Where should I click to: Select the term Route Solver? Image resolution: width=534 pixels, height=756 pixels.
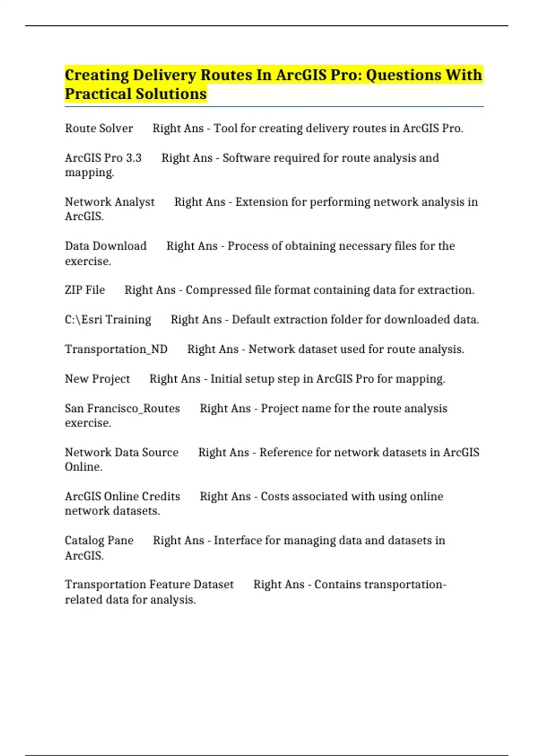99,129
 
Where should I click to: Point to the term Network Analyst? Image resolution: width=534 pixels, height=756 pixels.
109,202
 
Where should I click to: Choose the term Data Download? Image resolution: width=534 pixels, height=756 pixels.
105,246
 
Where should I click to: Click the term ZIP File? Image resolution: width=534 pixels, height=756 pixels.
85,290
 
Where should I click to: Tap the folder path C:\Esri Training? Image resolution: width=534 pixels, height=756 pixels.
108,320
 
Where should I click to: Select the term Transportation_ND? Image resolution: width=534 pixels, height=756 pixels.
116,349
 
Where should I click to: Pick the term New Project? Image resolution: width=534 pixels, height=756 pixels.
97,379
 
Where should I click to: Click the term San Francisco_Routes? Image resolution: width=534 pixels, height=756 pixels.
122,408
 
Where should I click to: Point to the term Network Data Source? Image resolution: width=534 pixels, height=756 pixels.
121,452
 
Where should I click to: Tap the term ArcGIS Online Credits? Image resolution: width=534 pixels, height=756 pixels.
122,496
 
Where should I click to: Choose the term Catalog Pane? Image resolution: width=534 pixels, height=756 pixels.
99,540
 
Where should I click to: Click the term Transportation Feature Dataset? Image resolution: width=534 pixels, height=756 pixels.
149,584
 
